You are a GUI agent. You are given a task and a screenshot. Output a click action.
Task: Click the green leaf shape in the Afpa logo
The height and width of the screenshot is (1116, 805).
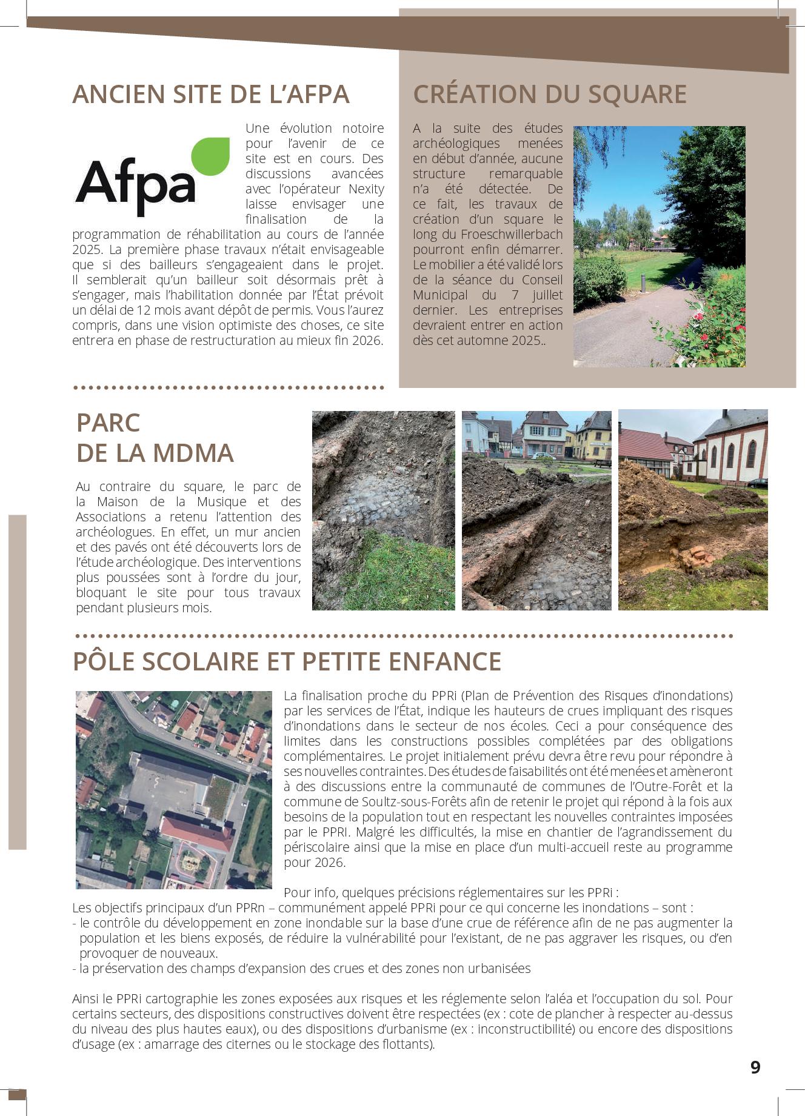point(212,156)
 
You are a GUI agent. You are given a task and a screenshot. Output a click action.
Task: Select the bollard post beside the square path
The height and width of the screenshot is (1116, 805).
point(643,281)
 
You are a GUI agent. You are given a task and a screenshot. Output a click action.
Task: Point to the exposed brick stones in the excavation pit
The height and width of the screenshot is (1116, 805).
point(693,556)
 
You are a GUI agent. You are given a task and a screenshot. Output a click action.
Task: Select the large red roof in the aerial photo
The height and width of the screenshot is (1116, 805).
point(196,834)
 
